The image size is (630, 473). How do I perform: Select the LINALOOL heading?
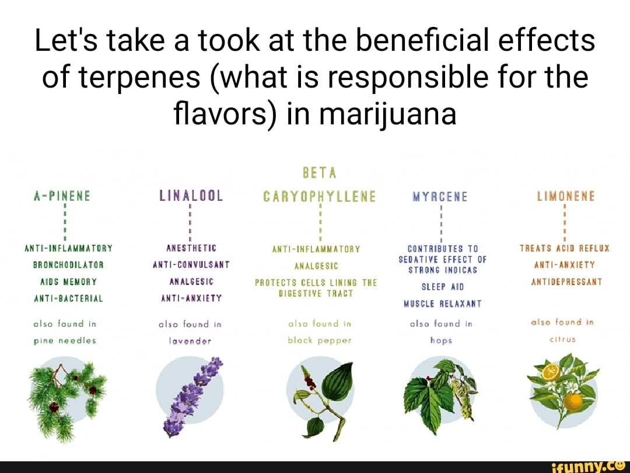pos(191,196)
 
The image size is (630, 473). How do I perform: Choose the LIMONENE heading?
pos(566,196)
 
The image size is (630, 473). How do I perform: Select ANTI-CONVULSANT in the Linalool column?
pos(191,265)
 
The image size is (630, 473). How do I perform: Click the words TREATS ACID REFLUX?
pos(564,248)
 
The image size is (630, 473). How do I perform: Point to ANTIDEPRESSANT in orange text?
pos(566,281)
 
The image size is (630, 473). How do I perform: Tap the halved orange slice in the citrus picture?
pos(550,371)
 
